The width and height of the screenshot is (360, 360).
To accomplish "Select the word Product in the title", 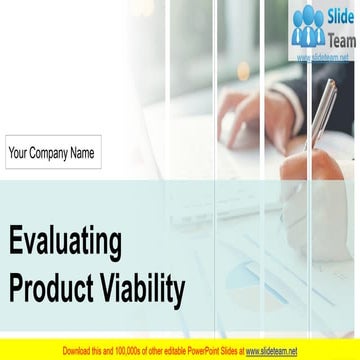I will (51, 289).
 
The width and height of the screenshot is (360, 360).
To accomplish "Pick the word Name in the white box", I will (82, 154).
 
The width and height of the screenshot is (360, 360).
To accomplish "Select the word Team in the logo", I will (341, 40).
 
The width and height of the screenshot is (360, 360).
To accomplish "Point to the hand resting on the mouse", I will (238, 125).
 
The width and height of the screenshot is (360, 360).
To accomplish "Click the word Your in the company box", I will (19, 154).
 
